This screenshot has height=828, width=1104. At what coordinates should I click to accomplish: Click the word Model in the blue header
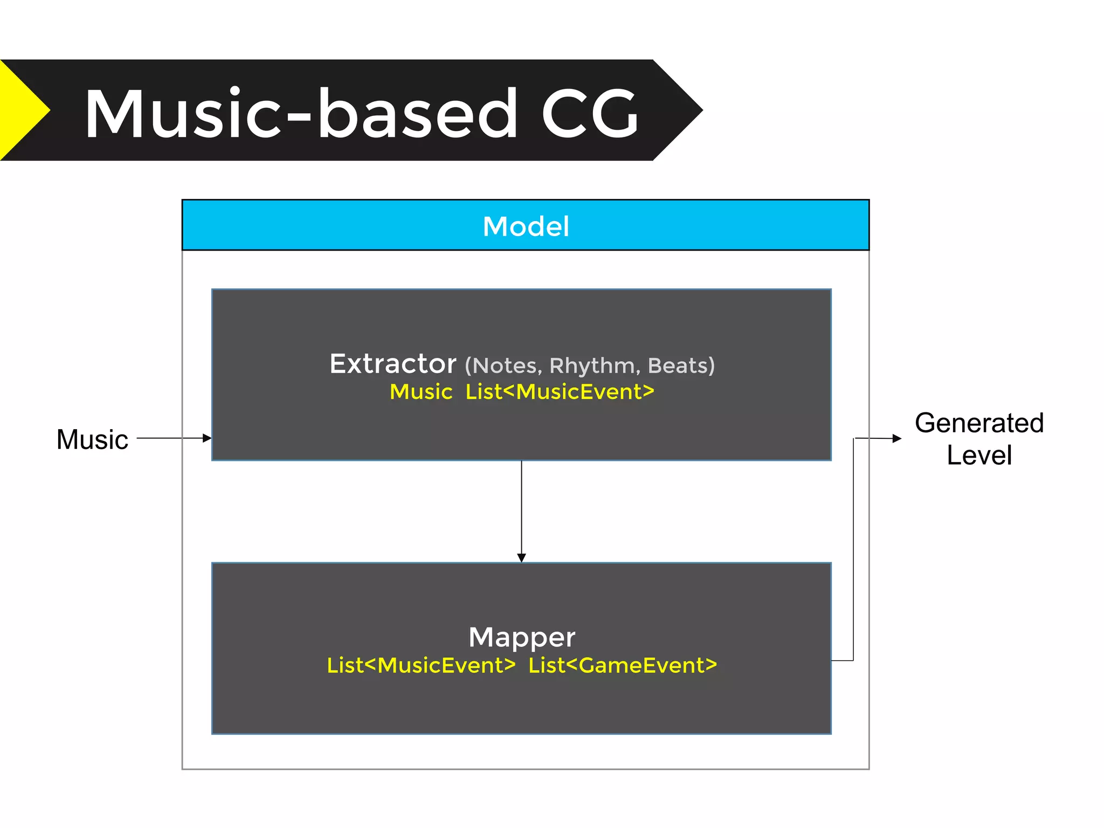(x=526, y=226)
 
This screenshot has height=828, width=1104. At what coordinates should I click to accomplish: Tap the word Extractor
(x=393, y=364)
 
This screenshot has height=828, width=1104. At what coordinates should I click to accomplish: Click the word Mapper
(x=522, y=637)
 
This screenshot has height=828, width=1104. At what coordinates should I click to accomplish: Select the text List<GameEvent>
(x=623, y=665)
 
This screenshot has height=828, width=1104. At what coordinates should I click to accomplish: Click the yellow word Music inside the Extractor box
(x=421, y=392)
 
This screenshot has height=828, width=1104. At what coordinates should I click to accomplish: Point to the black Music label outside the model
(x=92, y=439)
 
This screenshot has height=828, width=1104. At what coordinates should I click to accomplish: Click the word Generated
(x=979, y=423)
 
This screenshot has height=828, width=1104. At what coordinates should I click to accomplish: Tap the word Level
(x=979, y=456)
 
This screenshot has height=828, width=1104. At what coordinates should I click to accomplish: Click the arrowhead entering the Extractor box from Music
(x=207, y=438)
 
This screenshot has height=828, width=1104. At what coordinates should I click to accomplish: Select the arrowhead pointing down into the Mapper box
(x=521, y=557)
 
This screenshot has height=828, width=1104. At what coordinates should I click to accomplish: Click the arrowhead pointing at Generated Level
(x=897, y=439)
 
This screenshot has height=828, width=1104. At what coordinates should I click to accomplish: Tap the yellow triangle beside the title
(x=22, y=111)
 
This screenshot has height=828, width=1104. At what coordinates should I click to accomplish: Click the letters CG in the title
(x=590, y=114)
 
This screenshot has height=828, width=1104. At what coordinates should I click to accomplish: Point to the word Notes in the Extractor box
(x=507, y=366)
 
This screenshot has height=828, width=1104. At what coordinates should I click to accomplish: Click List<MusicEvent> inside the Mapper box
(x=421, y=665)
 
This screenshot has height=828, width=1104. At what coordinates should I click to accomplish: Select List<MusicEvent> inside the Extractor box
(x=560, y=392)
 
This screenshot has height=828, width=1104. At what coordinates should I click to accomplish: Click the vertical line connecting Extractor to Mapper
(x=521, y=507)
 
